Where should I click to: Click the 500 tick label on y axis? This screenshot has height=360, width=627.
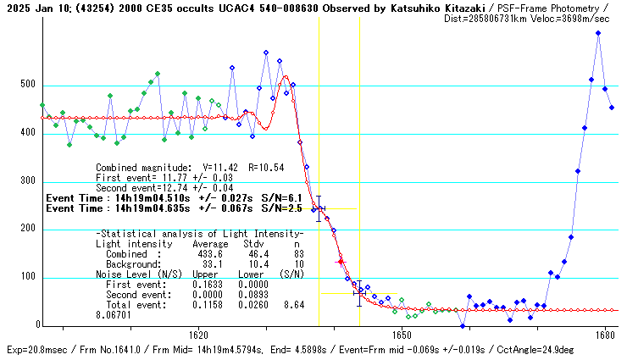point(30,85)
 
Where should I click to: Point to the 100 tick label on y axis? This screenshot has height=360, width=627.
point(30,277)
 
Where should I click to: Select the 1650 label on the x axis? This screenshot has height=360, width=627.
point(402,335)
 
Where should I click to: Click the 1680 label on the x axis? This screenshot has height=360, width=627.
point(605,335)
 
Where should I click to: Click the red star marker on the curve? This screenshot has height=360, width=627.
point(341,262)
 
